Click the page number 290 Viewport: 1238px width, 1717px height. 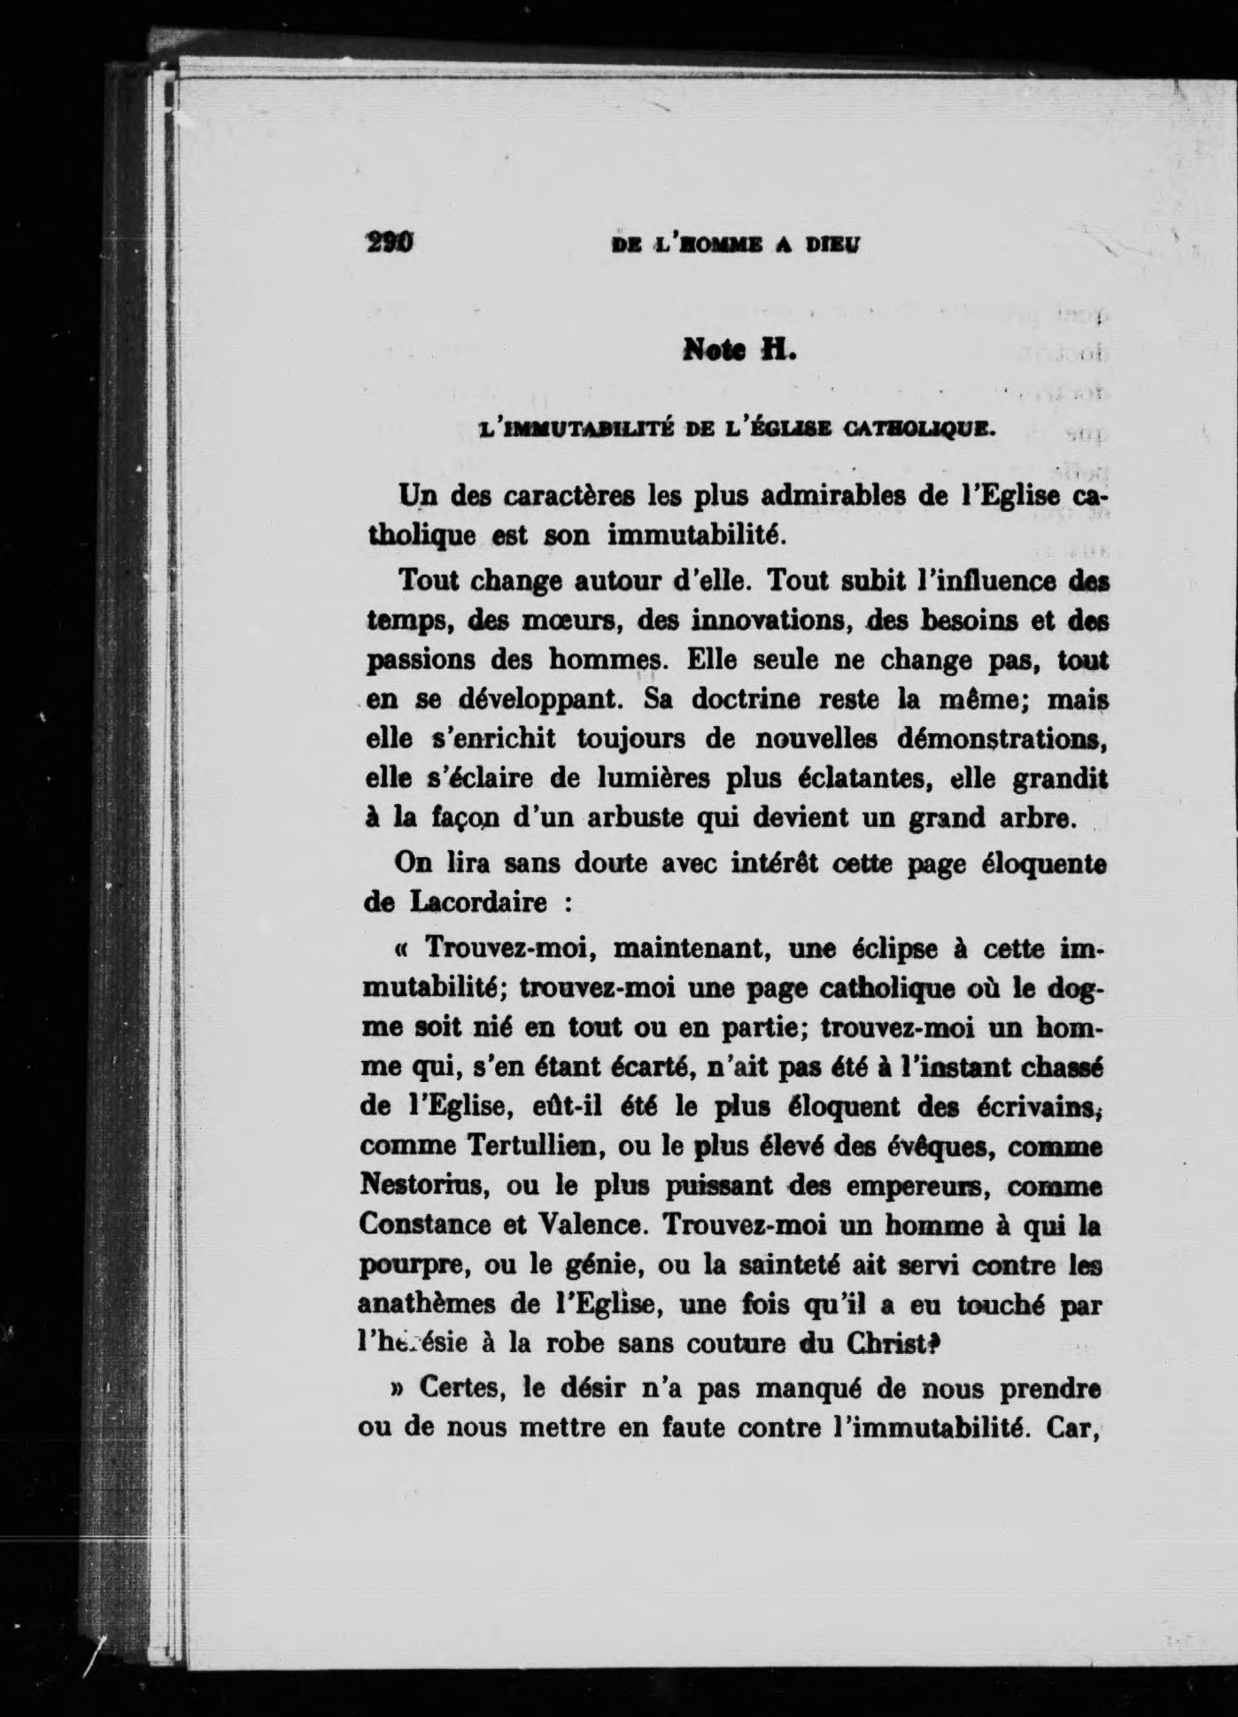391,242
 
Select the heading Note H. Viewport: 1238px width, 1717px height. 741,352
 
